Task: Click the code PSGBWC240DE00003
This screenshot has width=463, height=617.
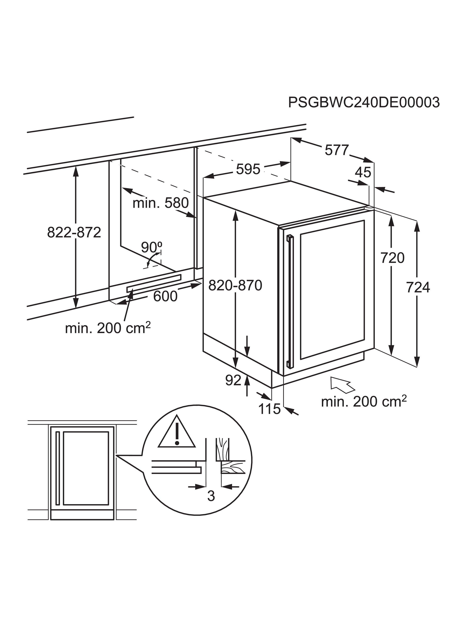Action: click(x=364, y=102)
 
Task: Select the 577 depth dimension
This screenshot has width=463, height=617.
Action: click(x=337, y=150)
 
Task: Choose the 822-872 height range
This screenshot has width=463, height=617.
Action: click(x=74, y=232)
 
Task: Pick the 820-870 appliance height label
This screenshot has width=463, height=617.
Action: click(x=235, y=285)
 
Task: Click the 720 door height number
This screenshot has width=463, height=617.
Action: click(x=392, y=258)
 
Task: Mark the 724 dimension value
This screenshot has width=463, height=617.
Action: click(x=418, y=288)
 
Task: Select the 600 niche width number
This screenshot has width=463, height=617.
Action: click(x=165, y=296)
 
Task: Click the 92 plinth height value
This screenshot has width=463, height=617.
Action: click(x=233, y=380)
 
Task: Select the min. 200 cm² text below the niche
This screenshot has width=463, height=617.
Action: click(x=108, y=328)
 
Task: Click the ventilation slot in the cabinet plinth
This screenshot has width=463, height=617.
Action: click(x=154, y=283)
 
